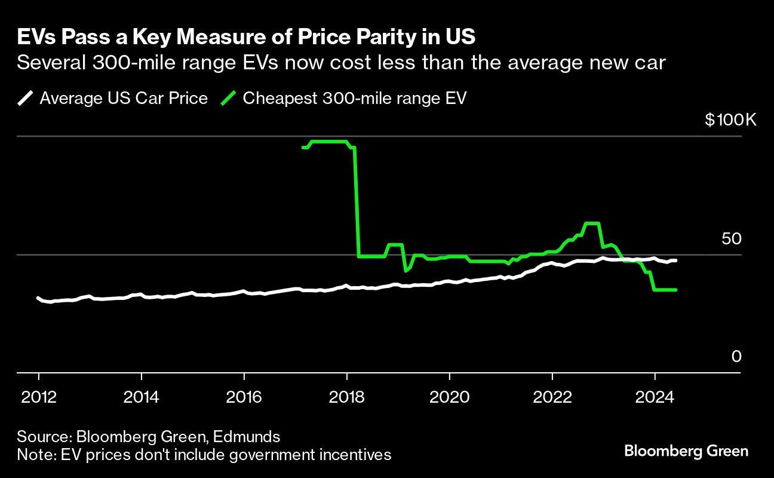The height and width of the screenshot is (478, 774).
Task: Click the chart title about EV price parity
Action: pos(246,37)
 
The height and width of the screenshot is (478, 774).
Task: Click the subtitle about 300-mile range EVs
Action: pos(341,62)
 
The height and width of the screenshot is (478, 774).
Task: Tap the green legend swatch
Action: pos(231,98)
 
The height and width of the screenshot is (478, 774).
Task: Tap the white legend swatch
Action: pos(27,98)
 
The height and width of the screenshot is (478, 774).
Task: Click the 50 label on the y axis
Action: pos(731,238)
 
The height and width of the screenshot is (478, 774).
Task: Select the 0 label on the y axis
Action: pos(736,357)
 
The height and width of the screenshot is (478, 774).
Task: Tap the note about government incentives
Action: pos(204,455)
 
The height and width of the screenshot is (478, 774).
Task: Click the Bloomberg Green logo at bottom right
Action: pos(686,451)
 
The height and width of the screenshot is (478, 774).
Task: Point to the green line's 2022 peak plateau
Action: pos(591,223)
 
